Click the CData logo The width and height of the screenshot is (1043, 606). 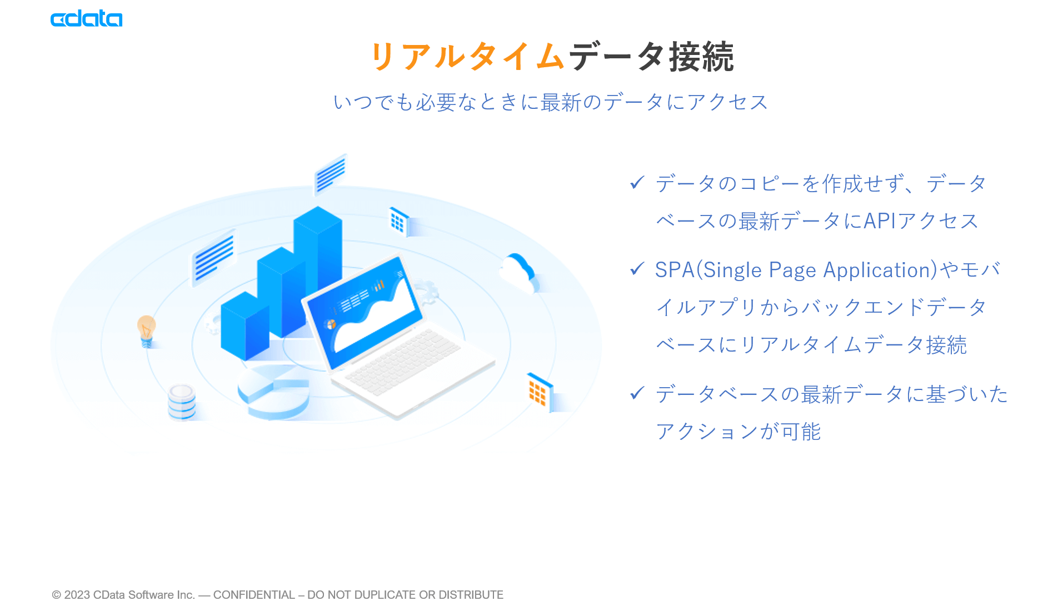[x=86, y=19]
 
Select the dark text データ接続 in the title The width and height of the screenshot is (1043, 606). [x=651, y=57]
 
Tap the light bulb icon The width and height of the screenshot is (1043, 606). [x=146, y=331]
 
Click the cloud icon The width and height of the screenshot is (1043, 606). [x=518, y=272]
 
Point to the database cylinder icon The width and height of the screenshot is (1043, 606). [x=182, y=401]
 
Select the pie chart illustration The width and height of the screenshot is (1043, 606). [x=273, y=392]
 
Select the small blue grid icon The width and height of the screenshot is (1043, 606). [x=398, y=221]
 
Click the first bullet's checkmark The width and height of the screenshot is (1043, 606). [x=637, y=182]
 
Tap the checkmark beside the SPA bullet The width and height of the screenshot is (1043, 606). [x=637, y=269]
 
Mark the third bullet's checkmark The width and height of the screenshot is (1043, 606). [x=637, y=393]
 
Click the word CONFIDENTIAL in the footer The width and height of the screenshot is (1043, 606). [x=254, y=594]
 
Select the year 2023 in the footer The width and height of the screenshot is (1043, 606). [x=77, y=594]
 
